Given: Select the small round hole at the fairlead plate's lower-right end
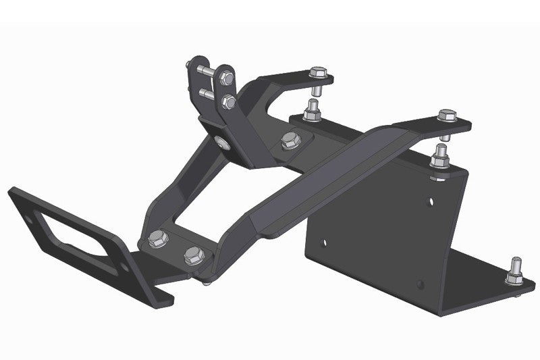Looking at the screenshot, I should [x=124, y=266].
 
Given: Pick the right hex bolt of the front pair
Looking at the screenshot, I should [x=194, y=255].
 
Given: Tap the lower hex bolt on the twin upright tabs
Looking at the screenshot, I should [x=229, y=103].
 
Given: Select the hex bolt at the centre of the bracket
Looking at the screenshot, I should [x=289, y=140].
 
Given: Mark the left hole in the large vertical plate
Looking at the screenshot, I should [x=323, y=241].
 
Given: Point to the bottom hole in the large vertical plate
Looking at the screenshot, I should [x=420, y=283].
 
